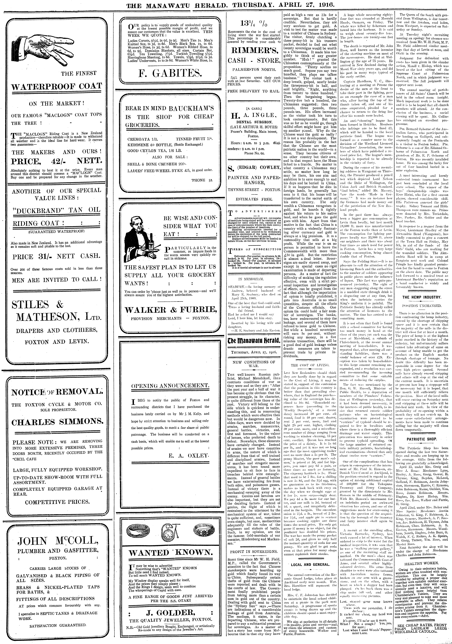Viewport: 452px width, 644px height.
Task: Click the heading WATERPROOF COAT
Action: (57, 86)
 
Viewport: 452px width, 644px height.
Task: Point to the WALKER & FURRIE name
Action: (171, 310)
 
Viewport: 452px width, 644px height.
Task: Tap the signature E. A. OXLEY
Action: (189, 456)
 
